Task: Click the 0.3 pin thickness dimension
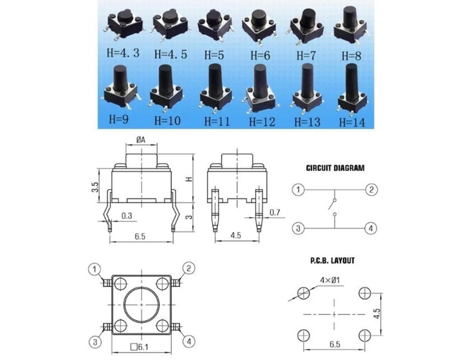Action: tap(127, 216)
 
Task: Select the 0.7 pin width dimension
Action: tap(275, 213)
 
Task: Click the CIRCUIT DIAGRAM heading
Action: tap(335, 168)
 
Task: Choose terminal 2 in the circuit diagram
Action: tap(371, 190)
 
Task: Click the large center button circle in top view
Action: tap(141, 305)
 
